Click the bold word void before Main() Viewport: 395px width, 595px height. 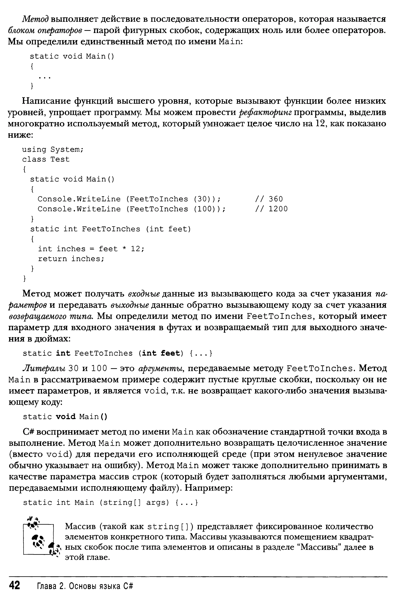coord(66,416)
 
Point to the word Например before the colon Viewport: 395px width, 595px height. coord(207,488)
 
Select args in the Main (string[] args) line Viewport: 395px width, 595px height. coord(157,503)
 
